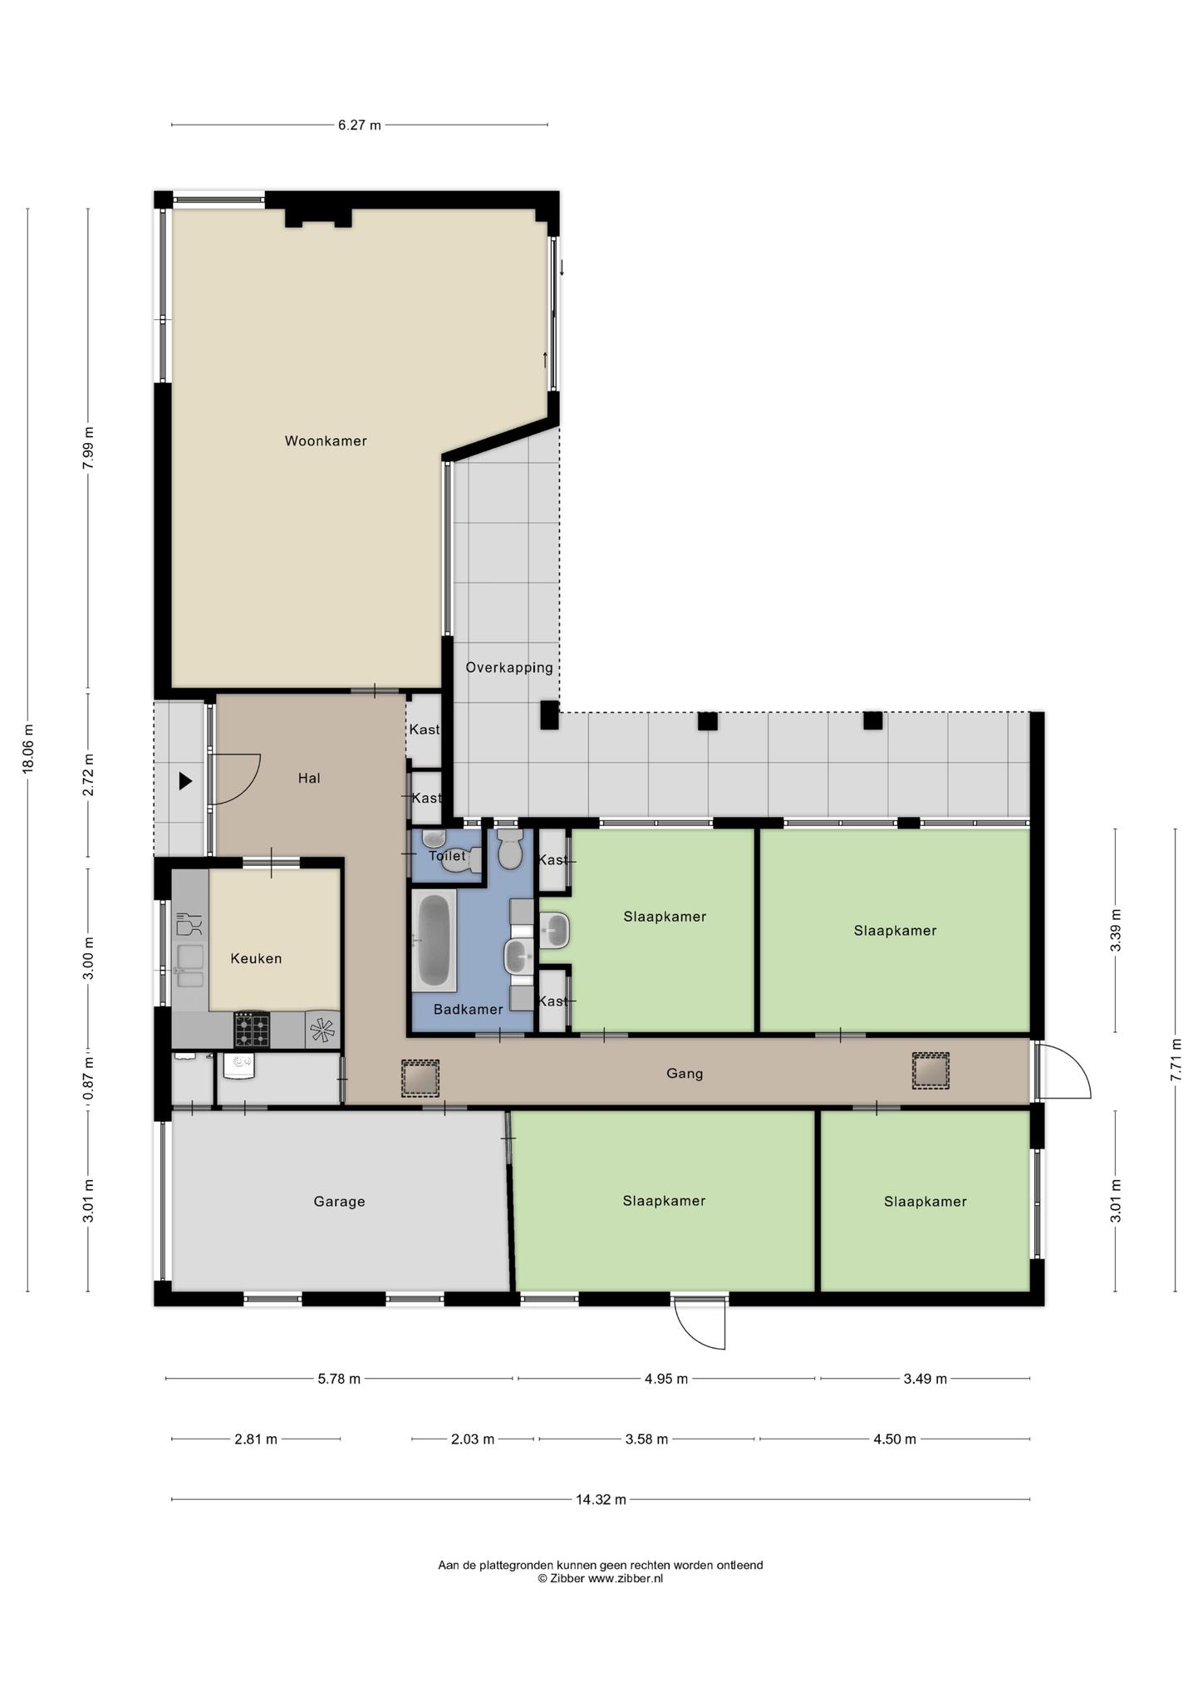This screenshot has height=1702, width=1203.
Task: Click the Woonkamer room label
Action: (326, 441)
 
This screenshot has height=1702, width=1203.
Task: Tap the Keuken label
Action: (256, 959)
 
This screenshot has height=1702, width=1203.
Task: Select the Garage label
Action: (339, 1202)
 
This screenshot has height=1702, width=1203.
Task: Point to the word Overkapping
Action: (509, 668)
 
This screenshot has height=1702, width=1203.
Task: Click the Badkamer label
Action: (469, 1010)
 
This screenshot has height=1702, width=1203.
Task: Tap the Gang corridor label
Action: (685, 1074)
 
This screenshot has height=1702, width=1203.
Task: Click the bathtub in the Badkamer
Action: (435, 942)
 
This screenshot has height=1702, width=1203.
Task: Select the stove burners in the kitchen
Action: (252, 1030)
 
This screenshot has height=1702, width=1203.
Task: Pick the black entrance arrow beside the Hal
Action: (185, 781)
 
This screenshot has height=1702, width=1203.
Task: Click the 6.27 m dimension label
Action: (359, 125)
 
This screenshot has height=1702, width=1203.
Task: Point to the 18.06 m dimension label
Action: (28, 750)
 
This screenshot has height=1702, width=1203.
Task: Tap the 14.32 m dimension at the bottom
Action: (601, 1500)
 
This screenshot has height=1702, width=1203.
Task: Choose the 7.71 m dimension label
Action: (1176, 1060)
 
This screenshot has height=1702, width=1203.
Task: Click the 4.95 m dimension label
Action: (666, 1380)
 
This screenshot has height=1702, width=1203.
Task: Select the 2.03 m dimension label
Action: (473, 1439)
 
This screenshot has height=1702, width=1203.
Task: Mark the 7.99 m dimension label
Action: (88, 448)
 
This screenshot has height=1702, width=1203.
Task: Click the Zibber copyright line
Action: (600, 1579)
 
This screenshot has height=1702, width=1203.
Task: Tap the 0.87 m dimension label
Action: (88, 1078)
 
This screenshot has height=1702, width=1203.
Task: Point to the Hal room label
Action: (309, 779)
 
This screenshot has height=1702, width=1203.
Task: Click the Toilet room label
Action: (447, 856)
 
